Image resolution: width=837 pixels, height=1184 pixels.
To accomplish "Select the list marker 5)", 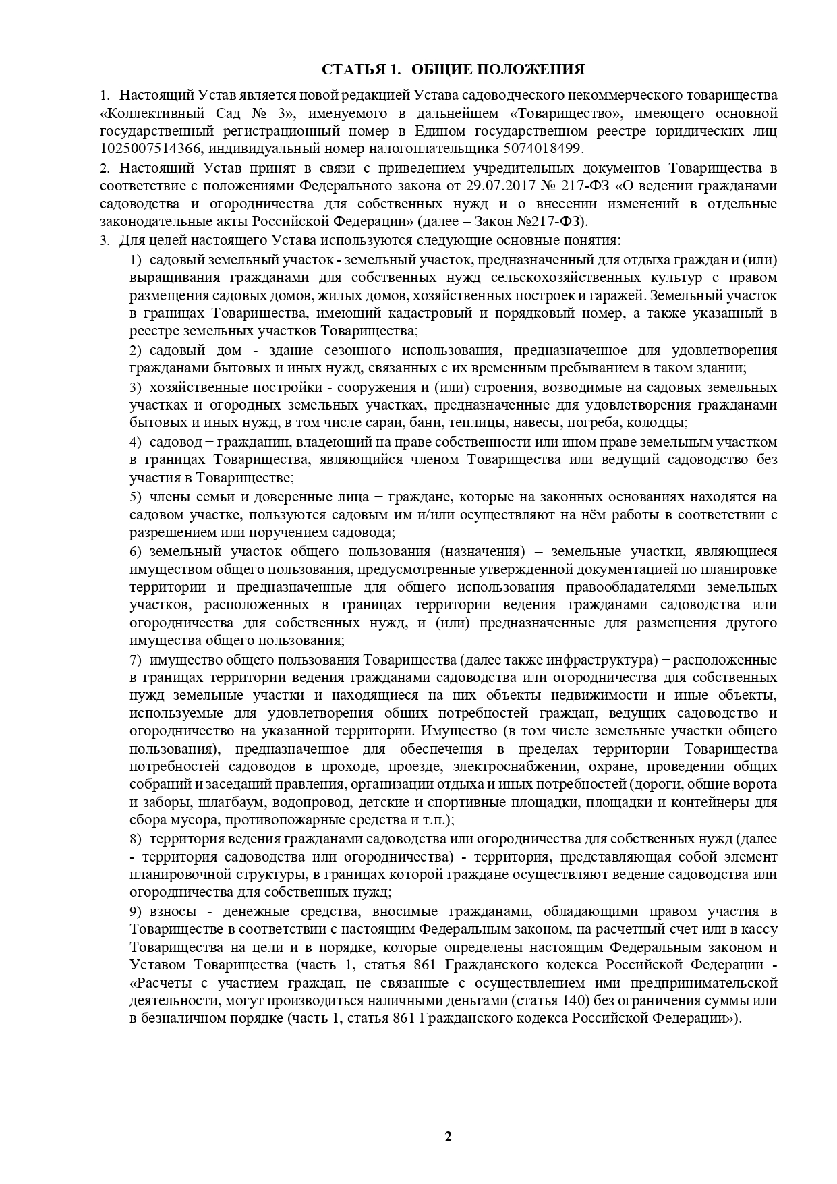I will (x=136, y=497).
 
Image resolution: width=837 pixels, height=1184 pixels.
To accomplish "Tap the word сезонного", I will (x=359, y=350).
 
